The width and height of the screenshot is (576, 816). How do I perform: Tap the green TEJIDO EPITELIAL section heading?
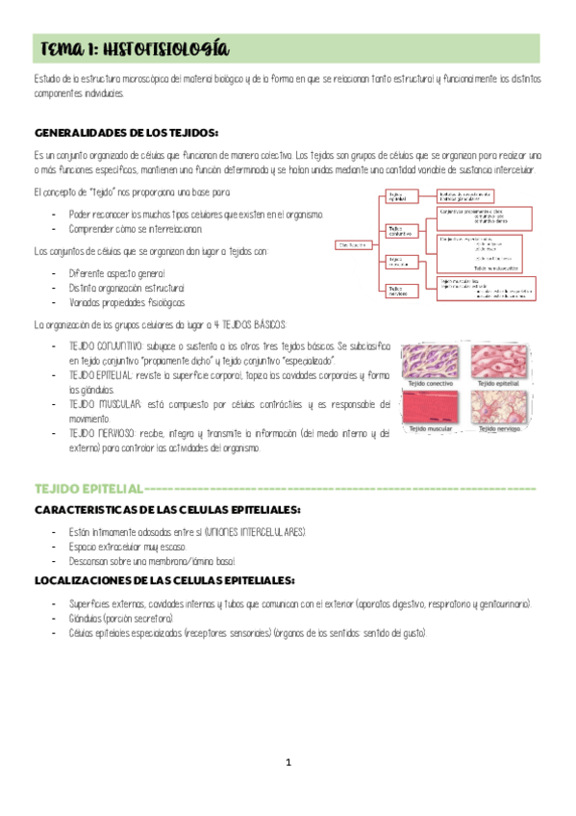(88, 489)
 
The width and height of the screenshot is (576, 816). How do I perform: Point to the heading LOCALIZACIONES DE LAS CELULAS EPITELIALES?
(164, 580)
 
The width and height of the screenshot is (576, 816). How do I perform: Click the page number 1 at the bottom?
(288, 763)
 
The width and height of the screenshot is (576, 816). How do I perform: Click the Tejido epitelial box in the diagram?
(401, 195)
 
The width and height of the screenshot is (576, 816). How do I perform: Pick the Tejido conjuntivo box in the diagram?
(401, 230)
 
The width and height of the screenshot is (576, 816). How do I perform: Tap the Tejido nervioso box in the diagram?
(401, 289)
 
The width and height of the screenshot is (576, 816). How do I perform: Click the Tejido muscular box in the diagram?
(401, 260)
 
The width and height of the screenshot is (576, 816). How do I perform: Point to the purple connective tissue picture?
(433, 366)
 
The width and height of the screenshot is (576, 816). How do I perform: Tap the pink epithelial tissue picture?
(500, 366)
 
